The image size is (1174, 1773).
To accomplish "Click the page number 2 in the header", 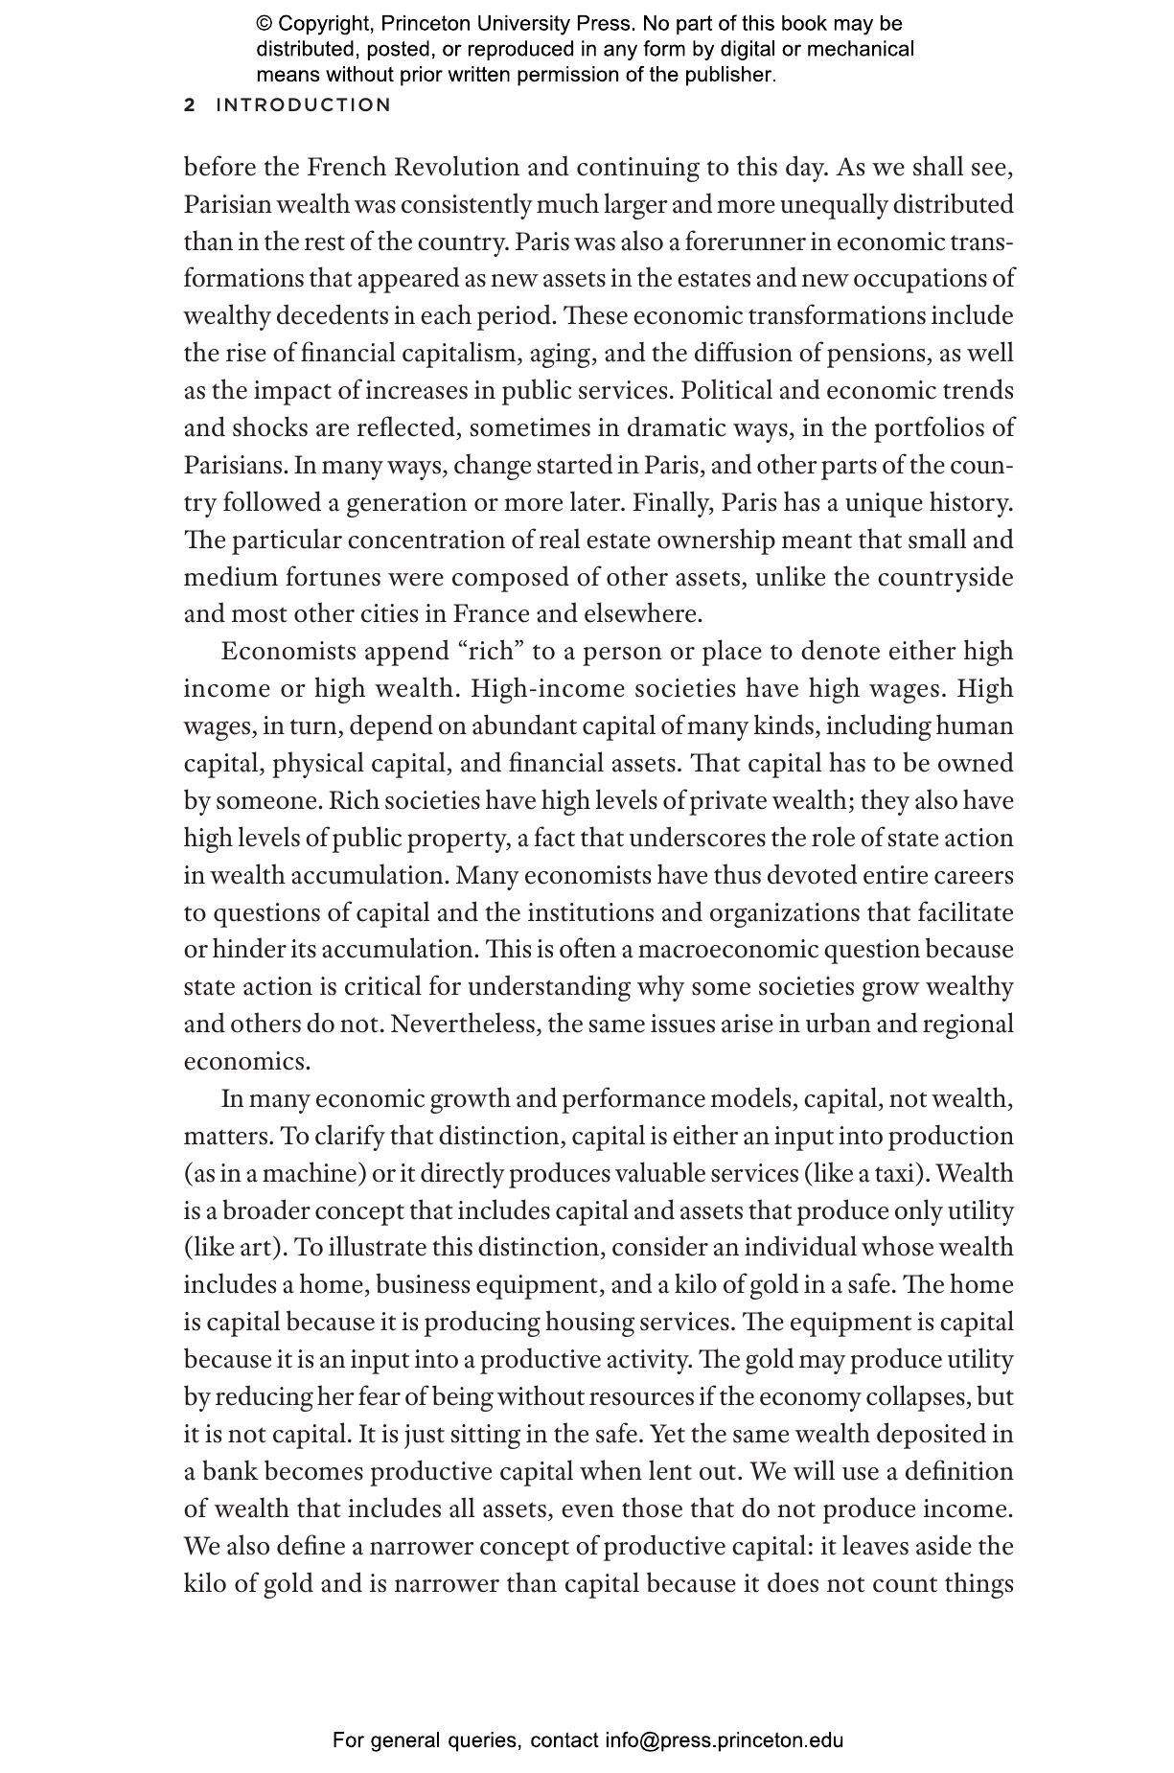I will coord(190,105).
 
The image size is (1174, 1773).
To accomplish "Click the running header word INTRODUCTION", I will coord(304,105).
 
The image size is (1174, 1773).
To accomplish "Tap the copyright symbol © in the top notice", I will coord(265,24).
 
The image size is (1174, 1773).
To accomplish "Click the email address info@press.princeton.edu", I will coord(724,1739).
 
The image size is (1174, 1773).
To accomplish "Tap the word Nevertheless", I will coord(466,1025).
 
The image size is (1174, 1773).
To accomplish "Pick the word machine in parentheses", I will coord(316,1174).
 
